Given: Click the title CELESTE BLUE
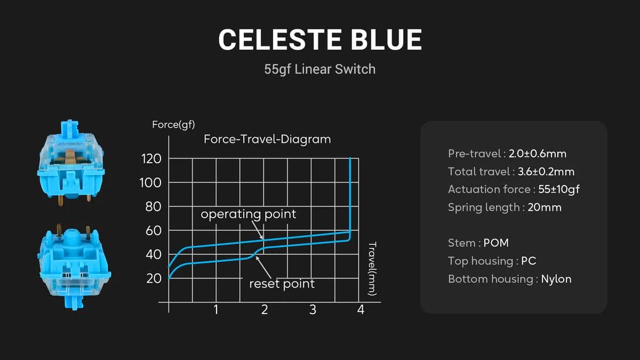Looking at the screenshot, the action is coord(320,39).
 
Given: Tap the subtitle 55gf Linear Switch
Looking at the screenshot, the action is coord(319,69).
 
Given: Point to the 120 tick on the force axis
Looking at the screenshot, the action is coord(151,158).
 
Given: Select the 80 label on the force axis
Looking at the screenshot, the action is coord(153,206).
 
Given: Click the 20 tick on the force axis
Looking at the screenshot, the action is coord(154,278).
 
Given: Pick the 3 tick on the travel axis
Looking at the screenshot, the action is coord(313,309).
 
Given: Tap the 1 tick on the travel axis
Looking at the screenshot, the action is coord(216,309).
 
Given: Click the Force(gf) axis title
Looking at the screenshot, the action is coord(173,125).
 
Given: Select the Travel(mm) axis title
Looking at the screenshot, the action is coord(372,269).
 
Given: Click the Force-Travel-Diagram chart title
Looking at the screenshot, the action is coord(267,139).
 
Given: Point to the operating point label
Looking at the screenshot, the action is coord(249,214).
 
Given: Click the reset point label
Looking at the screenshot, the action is coord(282,284).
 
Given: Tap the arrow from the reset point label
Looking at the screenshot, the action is coord(263,268).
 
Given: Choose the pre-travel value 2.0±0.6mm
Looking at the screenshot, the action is coord(538,154).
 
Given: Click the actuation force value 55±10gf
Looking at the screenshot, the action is coord(559,189).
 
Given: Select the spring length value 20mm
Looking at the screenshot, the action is coord(545,207).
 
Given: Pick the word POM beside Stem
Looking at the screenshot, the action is coord(496,243).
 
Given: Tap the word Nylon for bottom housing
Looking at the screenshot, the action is coord(556,279).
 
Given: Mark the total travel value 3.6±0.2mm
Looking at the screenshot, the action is coord(546,172).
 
